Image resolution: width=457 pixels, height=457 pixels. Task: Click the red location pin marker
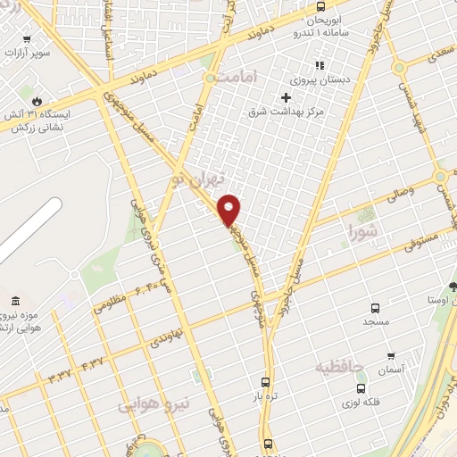(x=229, y=211)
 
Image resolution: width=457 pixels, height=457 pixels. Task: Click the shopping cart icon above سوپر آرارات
(x=27, y=38)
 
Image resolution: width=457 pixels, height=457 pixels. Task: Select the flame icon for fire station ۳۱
(x=36, y=101)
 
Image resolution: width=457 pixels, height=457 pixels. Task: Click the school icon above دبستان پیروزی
(x=318, y=65)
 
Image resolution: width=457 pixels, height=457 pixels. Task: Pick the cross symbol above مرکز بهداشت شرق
(x=287, y=98)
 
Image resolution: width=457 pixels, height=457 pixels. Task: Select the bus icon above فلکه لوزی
(x=361, y=388)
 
